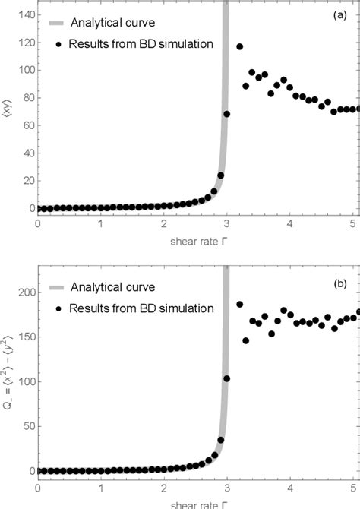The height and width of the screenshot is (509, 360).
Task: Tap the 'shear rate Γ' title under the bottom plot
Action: coord(195,502)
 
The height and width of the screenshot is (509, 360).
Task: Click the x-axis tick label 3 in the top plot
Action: coord(226,224)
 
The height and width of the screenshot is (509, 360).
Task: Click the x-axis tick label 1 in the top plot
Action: coord(101,224)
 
